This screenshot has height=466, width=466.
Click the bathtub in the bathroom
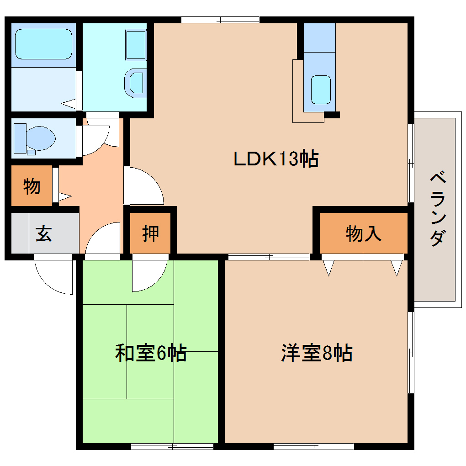(x=43, y=44)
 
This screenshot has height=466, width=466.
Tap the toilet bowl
(x=41, y=138)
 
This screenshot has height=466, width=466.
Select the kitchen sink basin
(x=321, y=90)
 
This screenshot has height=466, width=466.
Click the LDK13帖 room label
(x=276, y=159)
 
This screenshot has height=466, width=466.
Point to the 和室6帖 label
(x=151, y=353)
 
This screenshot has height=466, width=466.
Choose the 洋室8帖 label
(x=317, y=353)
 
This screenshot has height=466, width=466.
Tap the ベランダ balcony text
(x=438, y=208)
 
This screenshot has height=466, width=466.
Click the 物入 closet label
(x=363, y=233)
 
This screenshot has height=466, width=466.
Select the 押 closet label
(x=150, y=233)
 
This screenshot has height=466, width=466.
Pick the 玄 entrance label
(x=44, y=233)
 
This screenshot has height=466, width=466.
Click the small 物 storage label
(x=32, y=186)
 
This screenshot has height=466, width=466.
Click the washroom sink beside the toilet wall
(x=135, y=83)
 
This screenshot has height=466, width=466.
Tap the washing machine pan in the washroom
(x=136, y=45)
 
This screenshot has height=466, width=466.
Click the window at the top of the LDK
(x=220, y=20)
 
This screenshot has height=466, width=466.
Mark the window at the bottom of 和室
(x=172, y=446)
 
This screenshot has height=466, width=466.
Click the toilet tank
(x=20, y=138)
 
